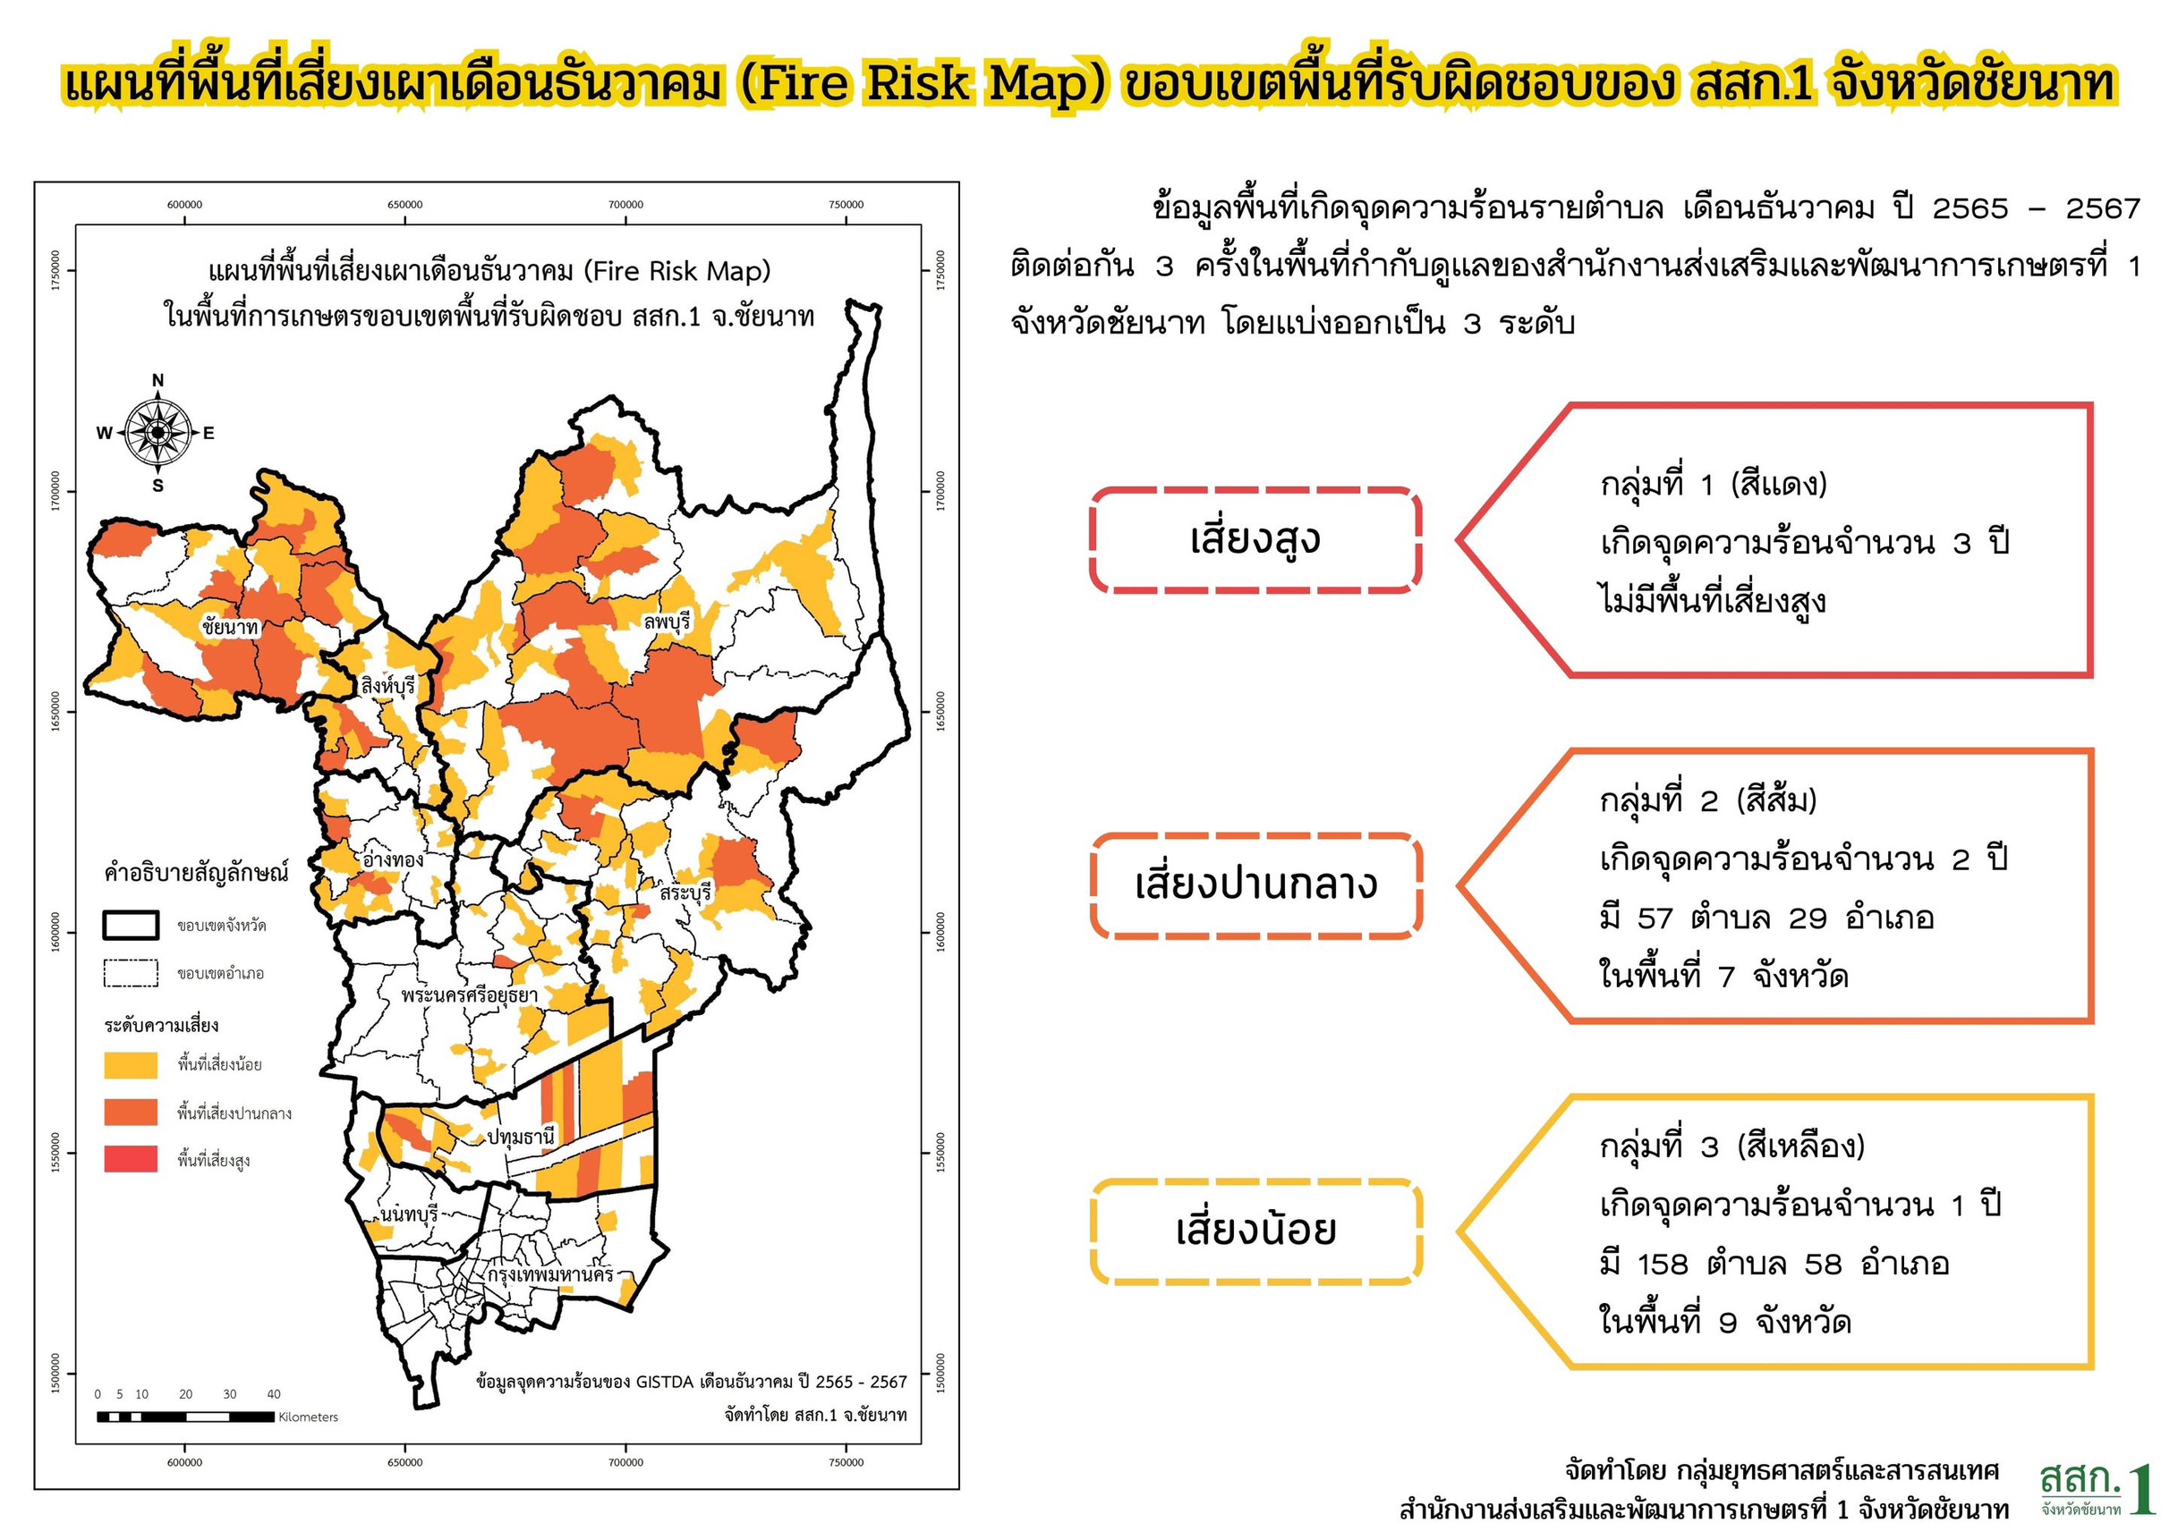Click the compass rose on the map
click(157, 433)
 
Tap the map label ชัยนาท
click(230, 627)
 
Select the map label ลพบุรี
click(667, 622)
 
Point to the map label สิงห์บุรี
click(388, 685)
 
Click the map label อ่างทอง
click(393, 859)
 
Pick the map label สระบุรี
click(685, 893)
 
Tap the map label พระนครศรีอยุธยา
click(469, 994)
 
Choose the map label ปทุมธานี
click(521, 1136)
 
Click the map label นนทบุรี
click(409, 1214)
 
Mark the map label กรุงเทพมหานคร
click(550, 1273)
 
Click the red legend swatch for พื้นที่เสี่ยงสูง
click(131, 1159)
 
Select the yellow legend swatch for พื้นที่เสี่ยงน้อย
click(131, 1065)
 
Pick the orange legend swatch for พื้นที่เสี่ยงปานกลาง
click(131, 1113)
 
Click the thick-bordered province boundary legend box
click(131, 926)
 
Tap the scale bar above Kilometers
click(186, 1417)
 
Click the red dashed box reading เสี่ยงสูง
click(1255, 540)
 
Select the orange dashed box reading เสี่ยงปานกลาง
click(1255, 885)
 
